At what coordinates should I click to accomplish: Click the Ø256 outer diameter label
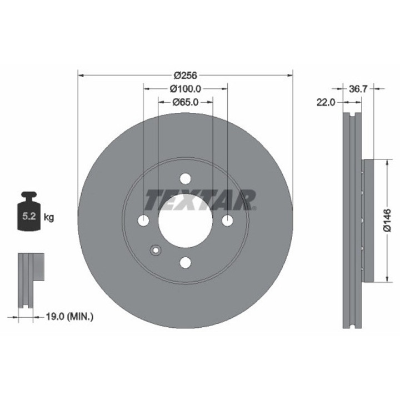tap(186, 75)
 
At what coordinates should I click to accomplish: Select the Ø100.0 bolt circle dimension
tap(184, 88)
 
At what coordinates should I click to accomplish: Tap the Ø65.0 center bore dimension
tap(185, 102)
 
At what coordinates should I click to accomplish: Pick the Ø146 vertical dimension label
tap(387, 221)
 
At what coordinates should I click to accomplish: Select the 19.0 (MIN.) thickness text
tap(68, 317)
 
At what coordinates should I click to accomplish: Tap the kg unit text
tap(49, 217)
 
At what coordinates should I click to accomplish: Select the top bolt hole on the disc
tap(185, 178)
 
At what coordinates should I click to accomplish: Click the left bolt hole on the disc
tap(143, 221)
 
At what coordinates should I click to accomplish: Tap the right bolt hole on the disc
tap(227, 221)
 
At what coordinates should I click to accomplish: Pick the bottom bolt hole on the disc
tap(185, 262)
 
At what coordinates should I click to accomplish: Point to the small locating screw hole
tap(156, 249)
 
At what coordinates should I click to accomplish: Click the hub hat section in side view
tap(367, 221)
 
